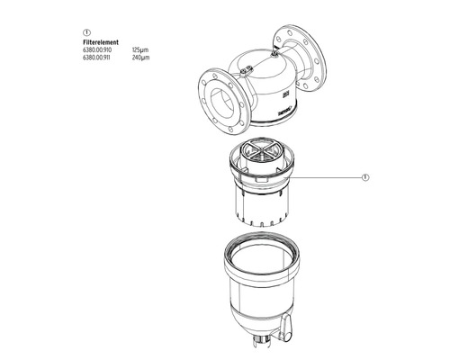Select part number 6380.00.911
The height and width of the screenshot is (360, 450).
[96, 57]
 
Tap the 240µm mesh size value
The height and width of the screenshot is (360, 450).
[139, 57]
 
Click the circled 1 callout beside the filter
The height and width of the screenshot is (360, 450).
[366, 177]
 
